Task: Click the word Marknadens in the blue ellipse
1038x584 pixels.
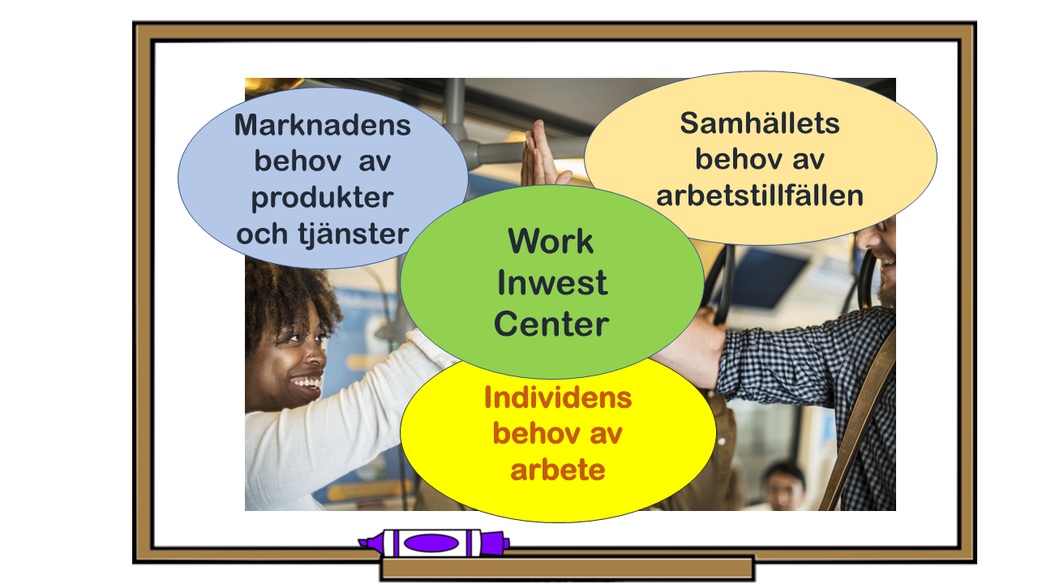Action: click(323, 125)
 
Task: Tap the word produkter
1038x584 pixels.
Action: click(323, 199)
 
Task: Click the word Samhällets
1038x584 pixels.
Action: click(760, 122)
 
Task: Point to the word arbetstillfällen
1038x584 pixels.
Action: click(760, 195)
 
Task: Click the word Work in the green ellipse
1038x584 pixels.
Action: click(551, 241)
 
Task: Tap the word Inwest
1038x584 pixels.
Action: click(552, 282)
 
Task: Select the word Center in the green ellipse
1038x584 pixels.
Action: click(551, 324)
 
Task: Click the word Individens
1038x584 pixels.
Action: click(558, 397)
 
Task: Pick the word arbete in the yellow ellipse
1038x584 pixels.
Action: click(558, 470)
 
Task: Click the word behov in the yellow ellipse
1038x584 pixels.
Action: click(535, 433)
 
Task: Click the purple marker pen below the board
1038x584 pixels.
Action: click(434, 543)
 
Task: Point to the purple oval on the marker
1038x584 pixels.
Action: click(431, 543)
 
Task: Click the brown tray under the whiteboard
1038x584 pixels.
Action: click(567, 568)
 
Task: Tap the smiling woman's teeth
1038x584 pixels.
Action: click(307, 382)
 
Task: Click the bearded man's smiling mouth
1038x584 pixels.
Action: click(887, 263)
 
